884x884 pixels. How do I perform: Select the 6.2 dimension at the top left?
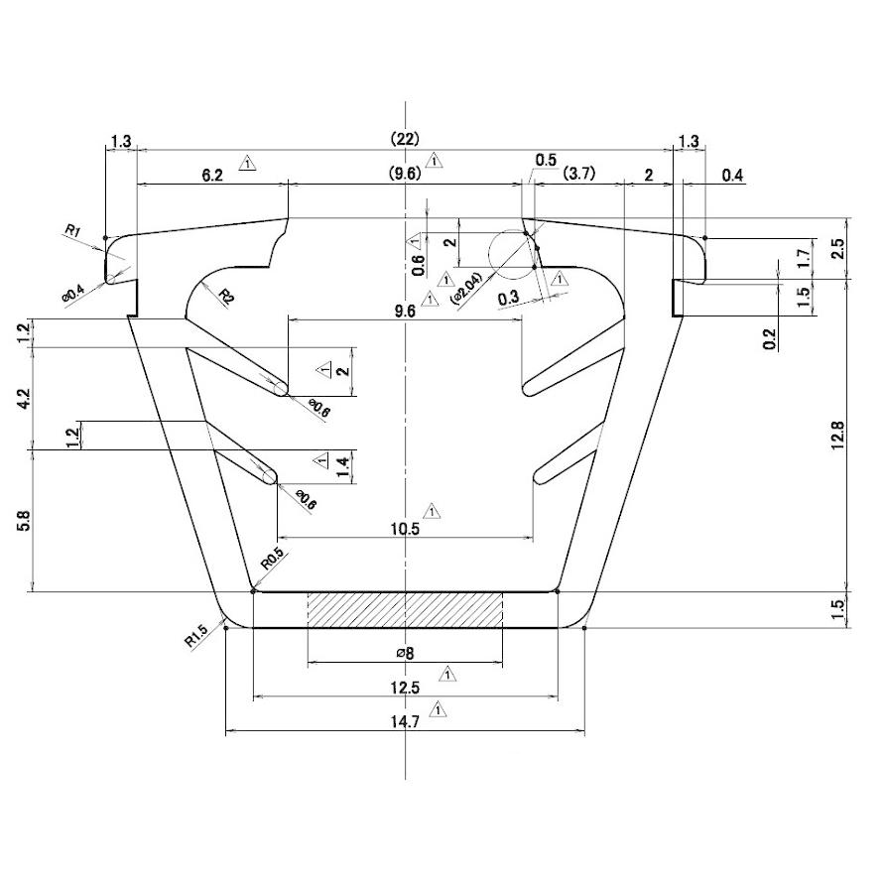pos(212,175)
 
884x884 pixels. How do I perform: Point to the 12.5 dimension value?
pos(406,688)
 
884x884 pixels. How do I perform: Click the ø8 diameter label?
pos(404,653)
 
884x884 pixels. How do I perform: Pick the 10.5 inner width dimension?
pos(406,529)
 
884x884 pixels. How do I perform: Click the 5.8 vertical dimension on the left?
pos(25,520)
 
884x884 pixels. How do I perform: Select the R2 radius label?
pos(225,296)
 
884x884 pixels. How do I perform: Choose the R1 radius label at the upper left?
pos(72,231)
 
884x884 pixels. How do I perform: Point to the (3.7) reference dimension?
pos(578,175)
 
